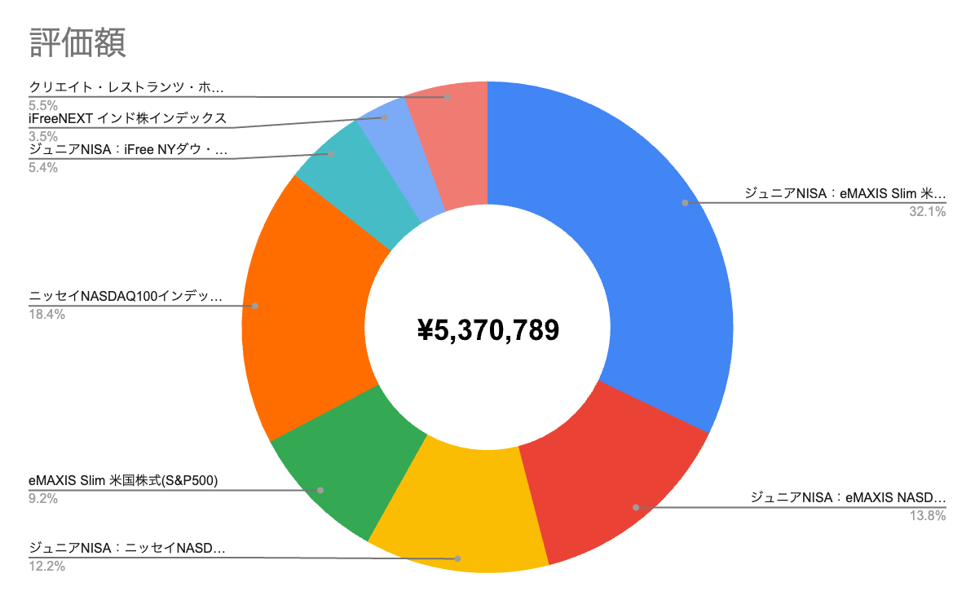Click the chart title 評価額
pyautogui.click(x=77, y=42)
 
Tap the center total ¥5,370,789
pyautogui.click(x=487, y=330)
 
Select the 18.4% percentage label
pyautogui.click(x=46, y=315)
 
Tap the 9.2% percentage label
pyautogui.click(x=43, y=499)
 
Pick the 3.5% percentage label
pyautogui.click(x=43, y=136)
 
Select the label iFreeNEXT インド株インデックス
pyautogui.click(x=126, y=119)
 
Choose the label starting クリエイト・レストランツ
pyautogui.click(x=126, y=88)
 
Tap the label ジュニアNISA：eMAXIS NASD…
pyautogui.click(x=848, y=497)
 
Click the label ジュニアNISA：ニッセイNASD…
pyautogui.click(x=126, y=548)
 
